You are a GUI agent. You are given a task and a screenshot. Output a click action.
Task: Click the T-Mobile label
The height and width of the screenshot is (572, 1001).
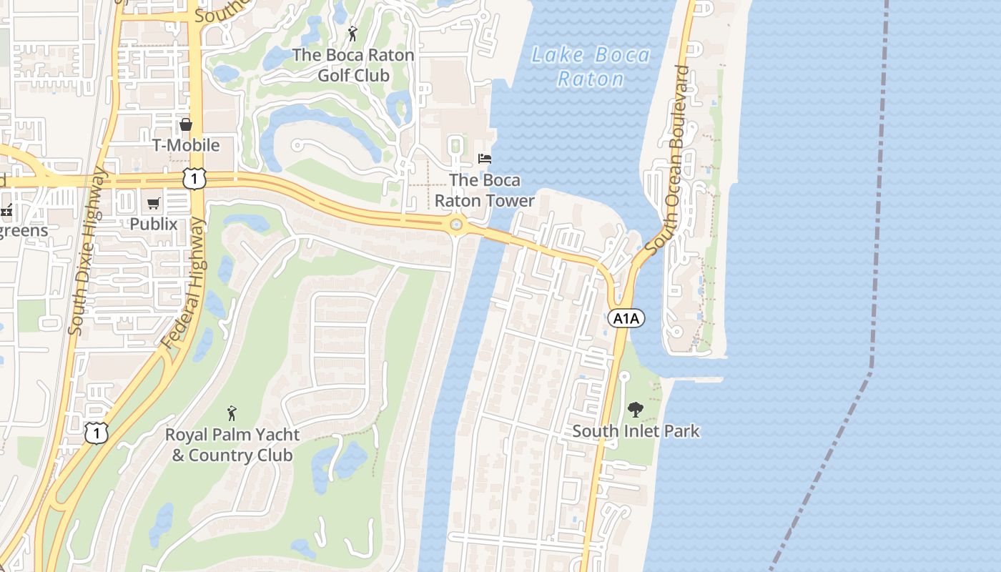tap(186, 145)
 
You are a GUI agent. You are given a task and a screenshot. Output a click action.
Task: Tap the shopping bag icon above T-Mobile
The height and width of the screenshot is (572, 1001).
tap(186, 125)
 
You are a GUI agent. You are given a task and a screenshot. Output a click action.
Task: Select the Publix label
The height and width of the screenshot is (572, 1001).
tap(154, 224)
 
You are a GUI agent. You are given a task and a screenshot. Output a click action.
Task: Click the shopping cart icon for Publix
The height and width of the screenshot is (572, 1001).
tap(154, 204)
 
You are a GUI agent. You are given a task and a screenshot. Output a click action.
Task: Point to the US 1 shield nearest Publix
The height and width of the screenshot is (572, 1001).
tap(194, 178)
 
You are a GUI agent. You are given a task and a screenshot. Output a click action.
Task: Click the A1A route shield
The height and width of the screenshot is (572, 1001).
tap(626, 318)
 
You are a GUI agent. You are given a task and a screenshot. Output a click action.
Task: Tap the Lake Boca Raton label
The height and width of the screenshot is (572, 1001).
tap(591, 66)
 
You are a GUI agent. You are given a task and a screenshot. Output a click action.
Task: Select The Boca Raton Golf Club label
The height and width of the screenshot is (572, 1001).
tap(353, 65)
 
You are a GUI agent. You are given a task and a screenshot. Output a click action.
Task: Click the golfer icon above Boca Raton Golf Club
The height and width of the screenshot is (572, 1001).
tap(352, 34)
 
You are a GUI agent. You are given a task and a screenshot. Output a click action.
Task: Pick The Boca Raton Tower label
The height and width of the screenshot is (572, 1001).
tap(485, 190)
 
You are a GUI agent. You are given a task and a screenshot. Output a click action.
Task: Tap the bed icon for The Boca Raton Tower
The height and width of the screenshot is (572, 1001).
tap(485, 158)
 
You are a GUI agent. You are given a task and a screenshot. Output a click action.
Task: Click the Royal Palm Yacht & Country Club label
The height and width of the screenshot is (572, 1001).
tap(232, 445)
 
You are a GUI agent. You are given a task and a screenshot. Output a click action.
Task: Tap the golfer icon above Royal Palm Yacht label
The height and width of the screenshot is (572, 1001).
tap(231, 413)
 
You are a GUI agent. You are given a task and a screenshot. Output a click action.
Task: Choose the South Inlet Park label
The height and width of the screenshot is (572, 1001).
tap(636, 431)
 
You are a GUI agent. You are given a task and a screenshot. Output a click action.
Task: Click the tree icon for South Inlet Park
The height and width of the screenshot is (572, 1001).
tap(635, 410)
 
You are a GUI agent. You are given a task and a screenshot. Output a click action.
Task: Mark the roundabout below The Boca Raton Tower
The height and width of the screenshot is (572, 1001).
tap(456, 226)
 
